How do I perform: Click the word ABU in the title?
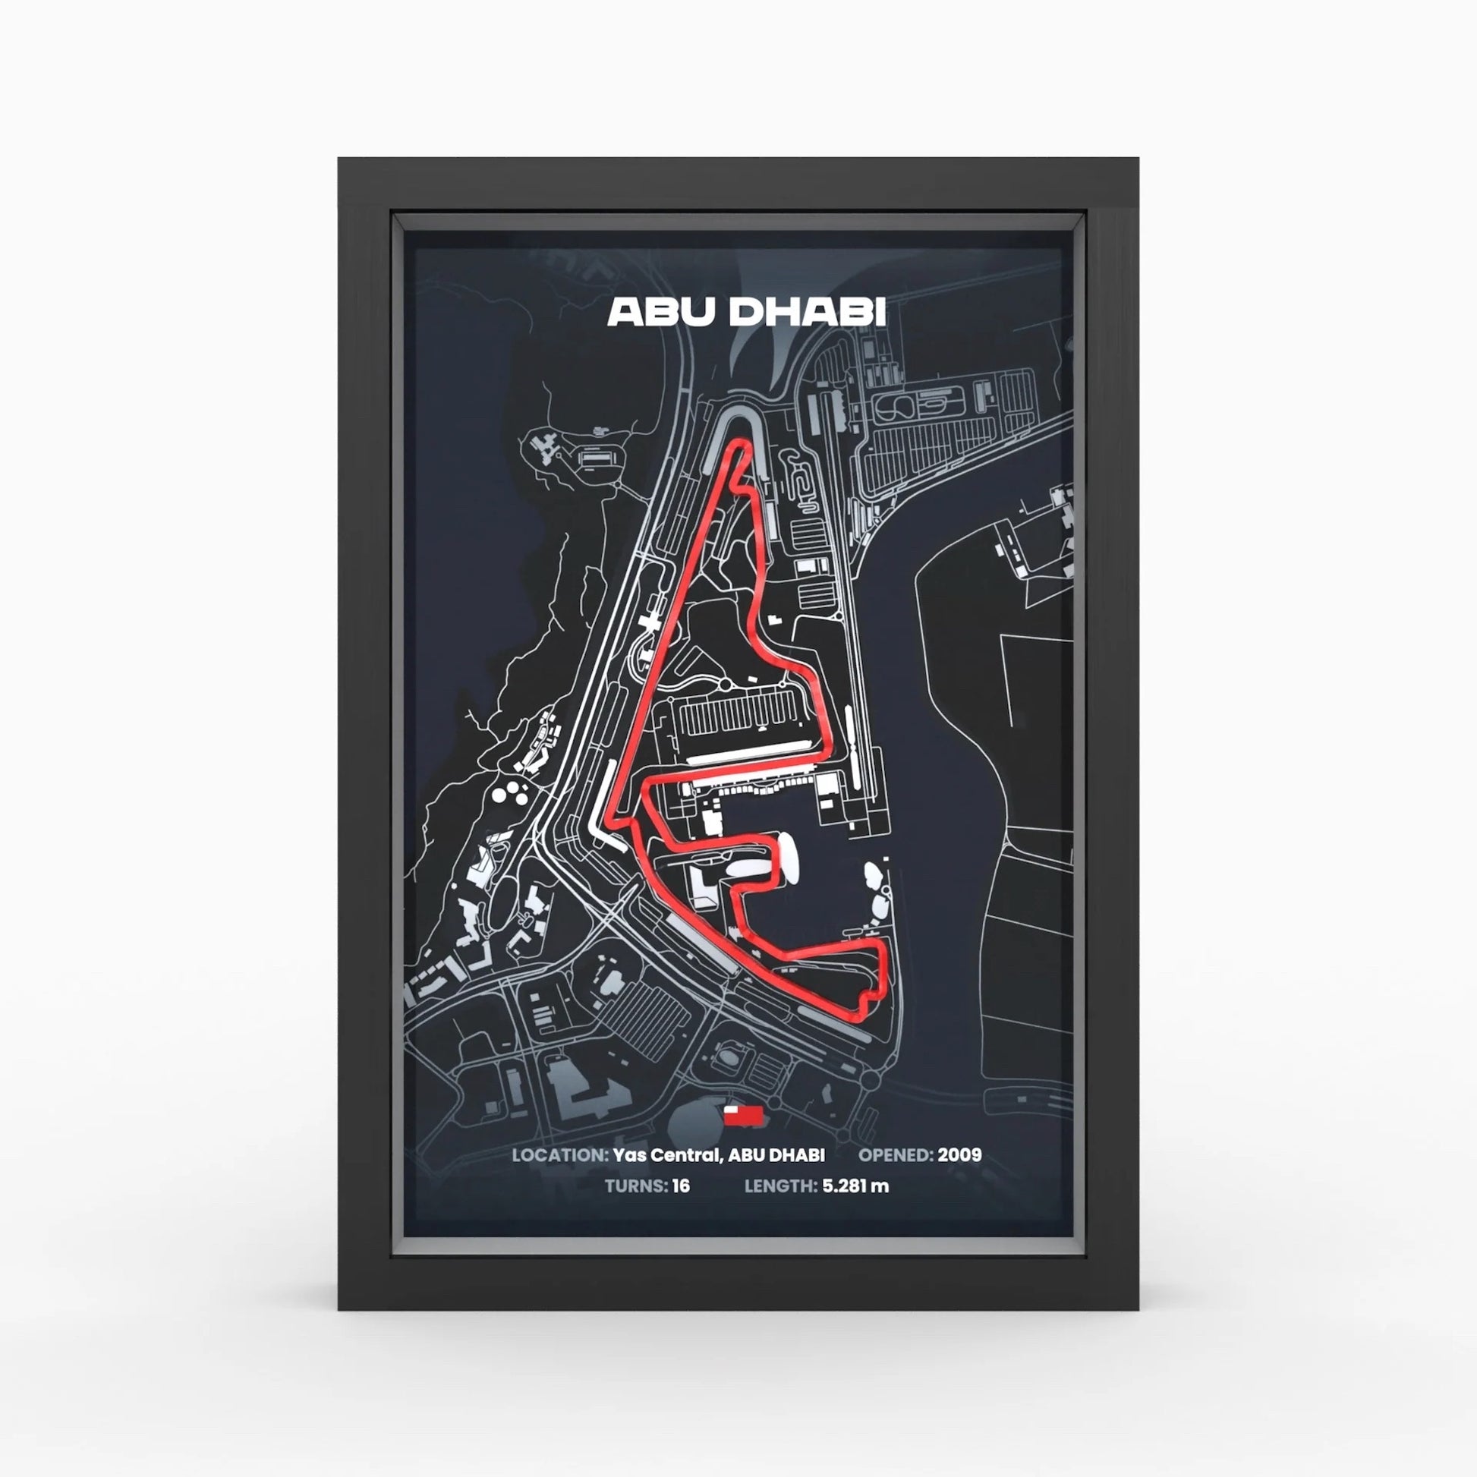point(661,312)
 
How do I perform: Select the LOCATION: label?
point(559,1154)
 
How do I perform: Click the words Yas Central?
point(664,1154)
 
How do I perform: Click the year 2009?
point(959,1154)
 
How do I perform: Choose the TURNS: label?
point(636,1186)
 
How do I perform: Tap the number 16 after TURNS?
point(680,1186)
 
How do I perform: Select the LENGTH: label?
point(780,1186)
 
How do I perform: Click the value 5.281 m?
point(855,1186)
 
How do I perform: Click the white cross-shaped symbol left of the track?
point(651,619)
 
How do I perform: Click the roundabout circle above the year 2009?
point(871,1080)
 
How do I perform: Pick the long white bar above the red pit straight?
point(749,751)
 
